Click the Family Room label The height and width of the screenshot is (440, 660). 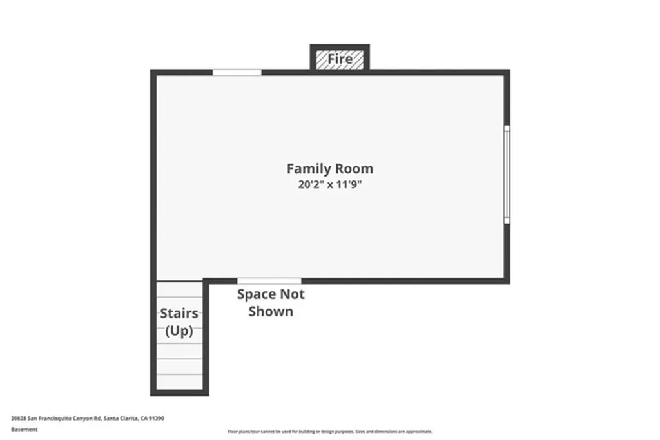coord(329,169)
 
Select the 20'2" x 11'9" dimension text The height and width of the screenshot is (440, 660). coord(329,184)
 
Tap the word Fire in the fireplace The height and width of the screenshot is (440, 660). coord(340,59)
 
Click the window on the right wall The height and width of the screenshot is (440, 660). coord(507,174)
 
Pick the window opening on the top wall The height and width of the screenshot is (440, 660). coord(237,72)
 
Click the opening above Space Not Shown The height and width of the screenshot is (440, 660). coord(269,280)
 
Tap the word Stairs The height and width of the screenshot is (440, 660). coord(179,314)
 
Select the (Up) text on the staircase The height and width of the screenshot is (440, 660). coord(179,331)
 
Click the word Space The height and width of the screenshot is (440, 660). coord(257,294)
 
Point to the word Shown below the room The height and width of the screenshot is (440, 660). coord(271,312)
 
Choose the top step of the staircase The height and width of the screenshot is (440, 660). coord(179,289)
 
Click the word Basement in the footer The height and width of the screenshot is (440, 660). coord(24,429)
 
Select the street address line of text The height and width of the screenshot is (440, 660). coord(87,418)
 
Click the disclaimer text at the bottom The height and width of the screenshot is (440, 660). coord(329,432)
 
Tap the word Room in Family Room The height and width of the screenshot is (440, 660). coord(353,169)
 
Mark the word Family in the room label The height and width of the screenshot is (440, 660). coord(307,169)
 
